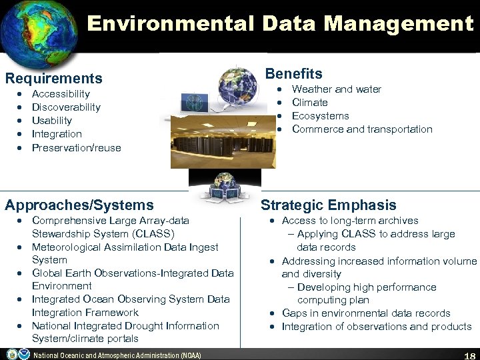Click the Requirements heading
54,79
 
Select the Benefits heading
294,74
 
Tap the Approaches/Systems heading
79,205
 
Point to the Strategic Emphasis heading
329,205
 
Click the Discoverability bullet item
66,107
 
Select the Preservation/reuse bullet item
77,147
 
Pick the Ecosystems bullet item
321,116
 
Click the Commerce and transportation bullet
362,129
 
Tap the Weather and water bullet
337,89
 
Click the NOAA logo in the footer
13,354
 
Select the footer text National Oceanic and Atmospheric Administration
117,355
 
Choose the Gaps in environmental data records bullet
357,313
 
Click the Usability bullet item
52,121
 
